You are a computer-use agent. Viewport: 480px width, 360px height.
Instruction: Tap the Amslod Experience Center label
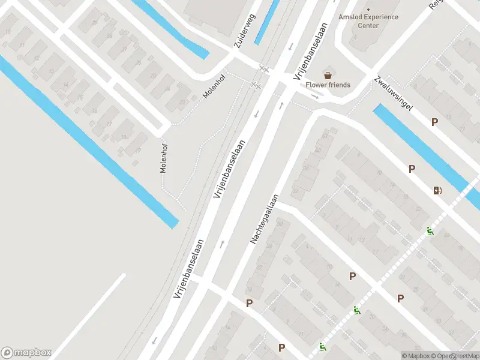pos(368,21)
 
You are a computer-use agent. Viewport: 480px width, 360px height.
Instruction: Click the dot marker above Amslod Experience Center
pos(368,9)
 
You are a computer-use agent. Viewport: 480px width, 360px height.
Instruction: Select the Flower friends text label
pos(328,85)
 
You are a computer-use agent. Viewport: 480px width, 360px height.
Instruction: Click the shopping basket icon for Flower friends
pos(328,76)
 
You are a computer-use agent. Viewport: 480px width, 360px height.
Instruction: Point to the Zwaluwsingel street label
pos(393,94)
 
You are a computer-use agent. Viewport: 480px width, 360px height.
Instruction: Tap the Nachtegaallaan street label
pos(265,218)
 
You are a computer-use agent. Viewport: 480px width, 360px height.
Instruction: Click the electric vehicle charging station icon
pos(438,191)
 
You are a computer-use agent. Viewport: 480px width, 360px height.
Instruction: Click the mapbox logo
pos(26,353)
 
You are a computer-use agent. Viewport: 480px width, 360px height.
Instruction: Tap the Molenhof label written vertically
pos(163,158)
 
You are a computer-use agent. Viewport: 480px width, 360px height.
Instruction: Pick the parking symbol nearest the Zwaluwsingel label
pos(434,122)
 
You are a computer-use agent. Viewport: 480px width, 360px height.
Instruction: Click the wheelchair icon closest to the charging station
pos(430,231)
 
